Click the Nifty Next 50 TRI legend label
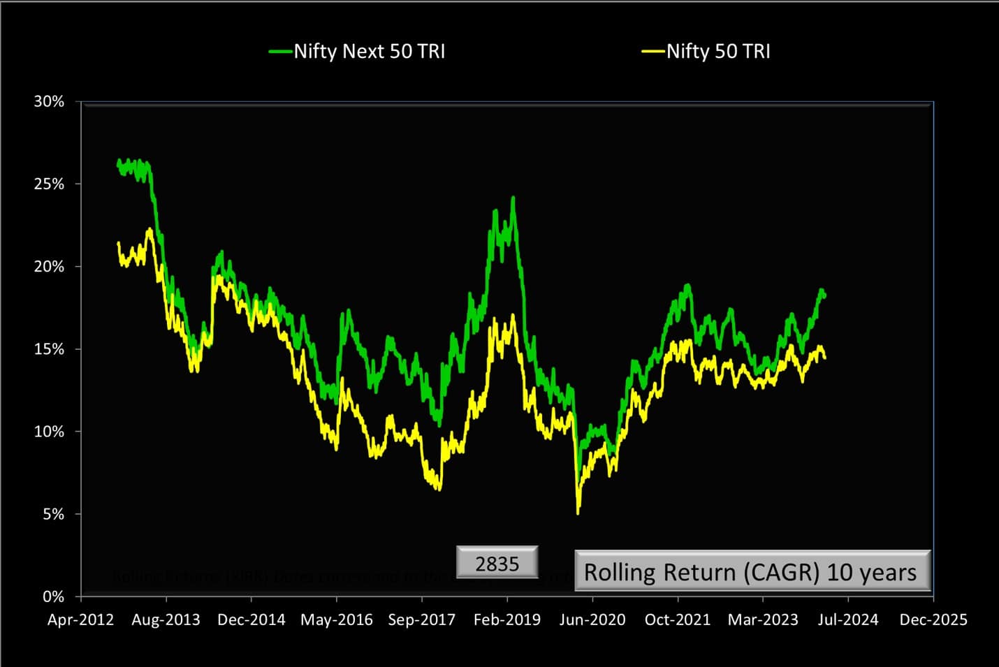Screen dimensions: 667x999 [x=369, y=52]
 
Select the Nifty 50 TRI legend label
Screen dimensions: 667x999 [x=718, y=52]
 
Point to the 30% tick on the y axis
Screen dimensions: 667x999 [x=49, y=102]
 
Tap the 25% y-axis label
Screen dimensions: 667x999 [x=49, y=184]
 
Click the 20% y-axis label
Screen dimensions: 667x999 [x=49, y=267]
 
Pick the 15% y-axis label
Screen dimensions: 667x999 [x=49, y=349]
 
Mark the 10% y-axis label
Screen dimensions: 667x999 [x=49, y=432]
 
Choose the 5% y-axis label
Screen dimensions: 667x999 [x=53, y=515]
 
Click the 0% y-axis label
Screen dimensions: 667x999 [x=53, y=596]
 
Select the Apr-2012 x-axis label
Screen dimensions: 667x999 [x=80, y=620]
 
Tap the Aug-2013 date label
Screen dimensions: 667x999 [x=166, y=620]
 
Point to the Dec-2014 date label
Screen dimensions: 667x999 [x=251, y=620]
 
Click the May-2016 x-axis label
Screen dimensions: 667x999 [x=337, y=620]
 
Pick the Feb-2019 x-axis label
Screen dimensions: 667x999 [x=507, y=620]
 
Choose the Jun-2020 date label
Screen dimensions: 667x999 [x=592, y=620]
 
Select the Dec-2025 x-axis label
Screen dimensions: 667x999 [x=933, y=620]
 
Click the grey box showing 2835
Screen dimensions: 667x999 [x=497, y=563]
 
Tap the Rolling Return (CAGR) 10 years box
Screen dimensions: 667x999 [x=752, y=572]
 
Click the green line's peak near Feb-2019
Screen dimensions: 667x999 [x=513, y=198]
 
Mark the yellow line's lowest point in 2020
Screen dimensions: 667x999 [x=578, y=513]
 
